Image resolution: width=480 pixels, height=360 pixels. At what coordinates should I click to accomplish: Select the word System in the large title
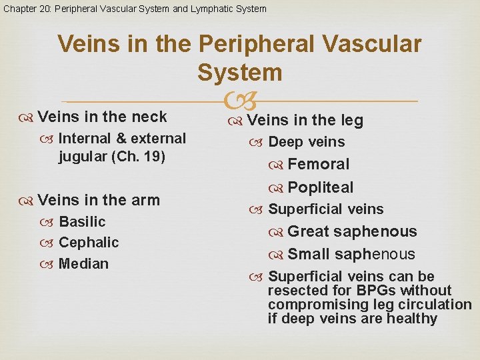tap(239, 72)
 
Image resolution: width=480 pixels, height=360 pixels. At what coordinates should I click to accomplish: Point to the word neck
tap(149, 117)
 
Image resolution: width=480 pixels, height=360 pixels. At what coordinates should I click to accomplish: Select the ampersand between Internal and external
tap(121, 139)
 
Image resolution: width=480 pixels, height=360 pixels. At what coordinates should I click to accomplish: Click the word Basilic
tap(82, 221)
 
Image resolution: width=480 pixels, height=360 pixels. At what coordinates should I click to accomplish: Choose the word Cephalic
tap(89, 243)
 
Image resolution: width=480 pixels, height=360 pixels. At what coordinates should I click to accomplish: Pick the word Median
tap(83, 264)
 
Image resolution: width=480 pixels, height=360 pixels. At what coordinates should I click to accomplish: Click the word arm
tap(146, 200)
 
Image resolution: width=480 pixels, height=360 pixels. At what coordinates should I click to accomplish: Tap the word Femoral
tap(319, 164)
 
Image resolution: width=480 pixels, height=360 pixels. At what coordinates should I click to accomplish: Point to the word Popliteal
tap(321, 187)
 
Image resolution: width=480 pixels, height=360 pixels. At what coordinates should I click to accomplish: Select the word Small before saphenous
tap(309, 255)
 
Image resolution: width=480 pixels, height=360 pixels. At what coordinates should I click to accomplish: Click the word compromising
tap(311, 305)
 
